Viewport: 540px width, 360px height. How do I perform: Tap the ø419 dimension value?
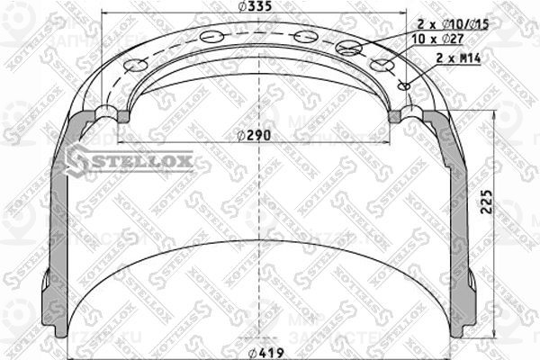(264, 352)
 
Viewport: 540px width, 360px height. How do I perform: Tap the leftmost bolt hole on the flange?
(136, 66)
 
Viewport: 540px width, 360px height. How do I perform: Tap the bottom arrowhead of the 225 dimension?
(493, 337)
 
